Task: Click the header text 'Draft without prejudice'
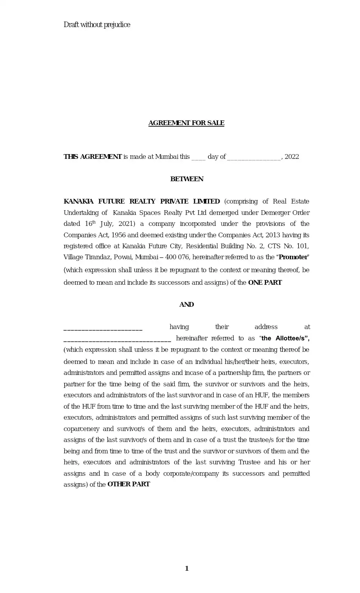(97, 25)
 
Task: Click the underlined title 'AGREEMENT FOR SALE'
(186, 123)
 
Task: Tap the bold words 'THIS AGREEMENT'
(93, 157)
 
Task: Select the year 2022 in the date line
(292, 157)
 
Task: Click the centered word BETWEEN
(187, 179)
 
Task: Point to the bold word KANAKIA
(78, 202)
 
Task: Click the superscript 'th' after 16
(94, 222)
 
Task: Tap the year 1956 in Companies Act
(118, 235)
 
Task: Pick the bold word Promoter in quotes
(293, 258)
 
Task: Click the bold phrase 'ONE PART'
(265, 283)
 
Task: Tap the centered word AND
(187, 305)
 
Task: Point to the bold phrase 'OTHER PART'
(129, 484)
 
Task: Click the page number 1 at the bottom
(187, 569)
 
